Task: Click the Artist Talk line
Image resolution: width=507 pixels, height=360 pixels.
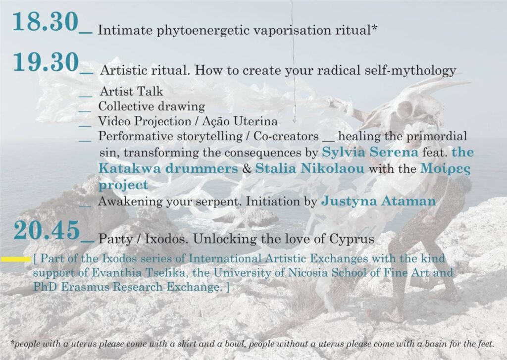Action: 131,91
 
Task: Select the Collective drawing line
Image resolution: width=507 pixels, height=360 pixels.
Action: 152,106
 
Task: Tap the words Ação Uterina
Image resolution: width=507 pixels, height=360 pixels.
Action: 240,121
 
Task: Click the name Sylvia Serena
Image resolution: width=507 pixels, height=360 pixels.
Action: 370,152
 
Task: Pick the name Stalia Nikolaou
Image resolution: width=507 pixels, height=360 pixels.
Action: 309,168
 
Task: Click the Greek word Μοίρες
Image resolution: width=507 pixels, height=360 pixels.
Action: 446,169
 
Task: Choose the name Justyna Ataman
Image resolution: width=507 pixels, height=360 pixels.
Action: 379,201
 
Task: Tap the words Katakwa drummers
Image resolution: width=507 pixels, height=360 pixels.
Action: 168,168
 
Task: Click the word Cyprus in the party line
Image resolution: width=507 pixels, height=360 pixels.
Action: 352,239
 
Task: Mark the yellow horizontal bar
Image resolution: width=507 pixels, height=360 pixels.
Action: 16,259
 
